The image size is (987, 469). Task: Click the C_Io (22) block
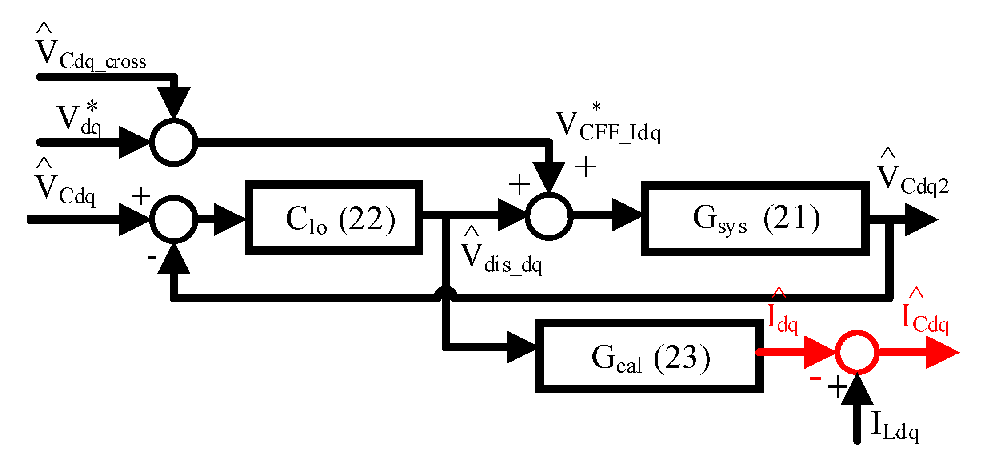(333, 218)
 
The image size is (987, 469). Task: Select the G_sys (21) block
(755, 218)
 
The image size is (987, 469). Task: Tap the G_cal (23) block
(649, 356)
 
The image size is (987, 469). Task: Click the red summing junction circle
(857, 352)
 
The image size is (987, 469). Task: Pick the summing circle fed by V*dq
(174, 142)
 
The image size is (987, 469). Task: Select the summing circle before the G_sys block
(549, 216)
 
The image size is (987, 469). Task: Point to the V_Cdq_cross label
(91, 51)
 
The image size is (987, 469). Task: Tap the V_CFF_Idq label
(608, 127)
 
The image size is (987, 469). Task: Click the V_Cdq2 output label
(912, 178)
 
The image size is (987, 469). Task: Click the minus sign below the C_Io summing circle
(152, 257)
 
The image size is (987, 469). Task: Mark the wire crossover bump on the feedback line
(446, 293)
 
